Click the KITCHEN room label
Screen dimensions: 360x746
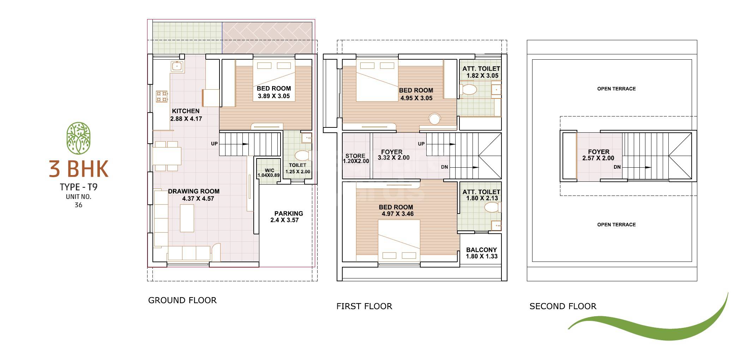186,111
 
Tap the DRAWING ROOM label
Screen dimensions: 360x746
193,191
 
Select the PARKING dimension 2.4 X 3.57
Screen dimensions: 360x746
284,220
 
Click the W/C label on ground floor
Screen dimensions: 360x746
269,170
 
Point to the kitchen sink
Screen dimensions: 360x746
176,66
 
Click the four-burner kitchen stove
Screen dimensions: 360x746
162,96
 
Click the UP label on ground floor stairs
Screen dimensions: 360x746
214,144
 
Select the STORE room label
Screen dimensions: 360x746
355,156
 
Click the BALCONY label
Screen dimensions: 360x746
481,250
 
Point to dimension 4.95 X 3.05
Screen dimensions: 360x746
416,98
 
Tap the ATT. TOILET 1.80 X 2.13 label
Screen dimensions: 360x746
481,195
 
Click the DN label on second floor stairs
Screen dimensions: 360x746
617,167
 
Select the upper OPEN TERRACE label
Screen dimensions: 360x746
616,89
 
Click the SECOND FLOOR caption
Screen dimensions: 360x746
562,306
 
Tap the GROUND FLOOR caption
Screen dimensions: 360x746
182,300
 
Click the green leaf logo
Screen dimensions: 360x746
78,138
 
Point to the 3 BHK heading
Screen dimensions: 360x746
78,169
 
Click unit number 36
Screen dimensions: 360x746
78,205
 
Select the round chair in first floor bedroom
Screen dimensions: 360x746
434,119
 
